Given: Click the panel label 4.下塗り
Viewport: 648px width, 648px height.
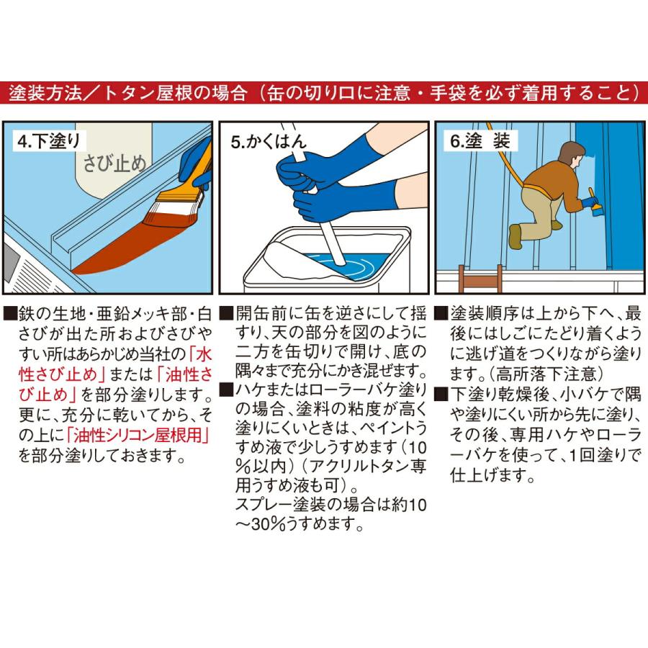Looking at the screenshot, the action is pos(49,142).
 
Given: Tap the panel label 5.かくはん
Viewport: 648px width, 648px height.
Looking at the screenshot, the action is pos(269,142).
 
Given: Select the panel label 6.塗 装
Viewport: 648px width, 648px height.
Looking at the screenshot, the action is pos(480,141).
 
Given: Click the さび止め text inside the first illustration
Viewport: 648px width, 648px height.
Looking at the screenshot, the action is pos(114,163).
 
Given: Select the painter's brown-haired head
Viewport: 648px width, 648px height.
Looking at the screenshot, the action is pos(573,154).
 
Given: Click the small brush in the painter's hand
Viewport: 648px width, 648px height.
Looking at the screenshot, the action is pos(595,205).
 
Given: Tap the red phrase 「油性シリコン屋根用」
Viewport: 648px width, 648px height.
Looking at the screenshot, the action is pos(138,435).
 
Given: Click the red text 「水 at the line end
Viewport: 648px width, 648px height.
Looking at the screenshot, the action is pos(199,354).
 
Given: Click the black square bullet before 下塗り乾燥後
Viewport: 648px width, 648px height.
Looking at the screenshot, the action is pos(441,395).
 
